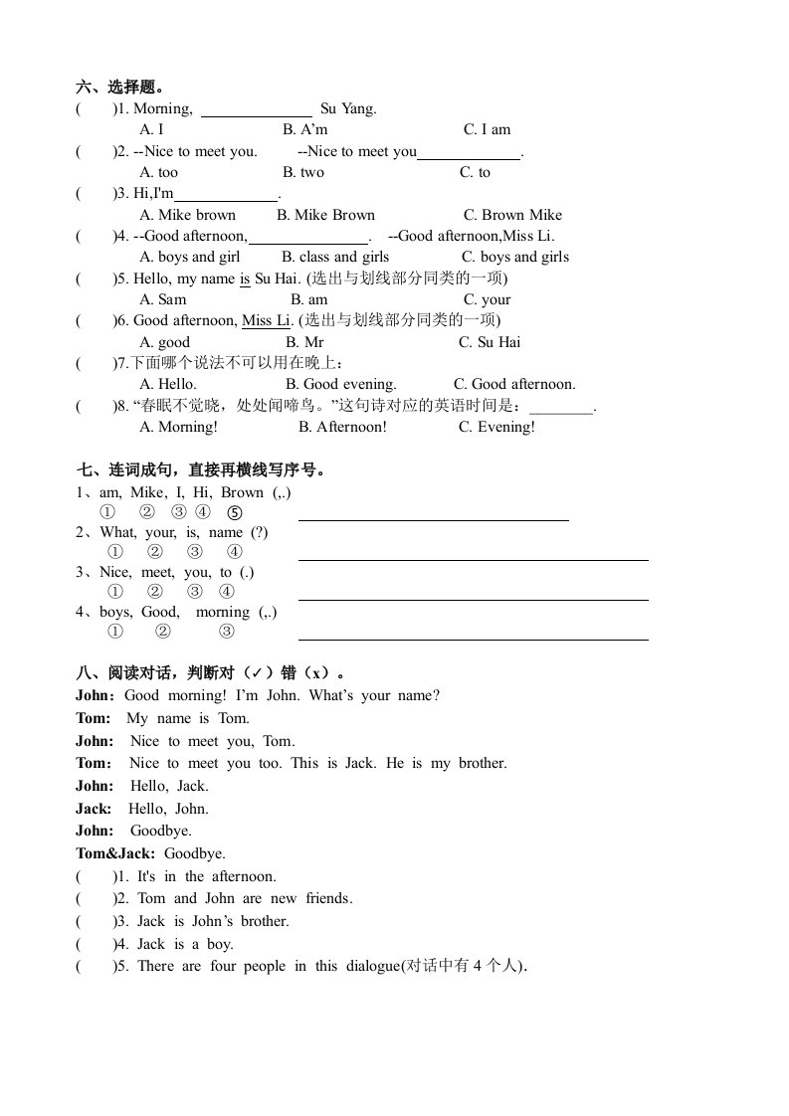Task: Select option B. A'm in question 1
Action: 304,129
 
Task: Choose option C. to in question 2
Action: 475,172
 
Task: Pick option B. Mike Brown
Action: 325,215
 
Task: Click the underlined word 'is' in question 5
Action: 245,279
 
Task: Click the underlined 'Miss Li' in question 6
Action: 266,320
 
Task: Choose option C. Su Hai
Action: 490,342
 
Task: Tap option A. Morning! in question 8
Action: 178,427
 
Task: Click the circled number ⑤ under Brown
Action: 234,513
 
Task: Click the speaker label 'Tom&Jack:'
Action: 115,853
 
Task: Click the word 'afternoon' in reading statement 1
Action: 244,876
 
